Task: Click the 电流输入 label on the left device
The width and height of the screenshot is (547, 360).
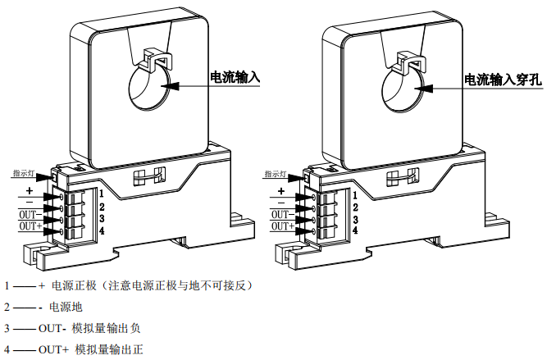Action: pyautogui.click(x=235, y=79)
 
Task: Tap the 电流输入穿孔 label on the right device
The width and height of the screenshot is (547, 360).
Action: pyautogui.click(x=504, y=80)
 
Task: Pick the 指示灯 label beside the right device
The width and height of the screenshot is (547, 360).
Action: pyautogui.click(x=275, y=174)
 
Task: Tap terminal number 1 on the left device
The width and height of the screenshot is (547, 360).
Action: pyautogui.click(x=101, y=194)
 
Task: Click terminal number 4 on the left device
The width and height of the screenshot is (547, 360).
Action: pyautogui.click(x=101, y=231)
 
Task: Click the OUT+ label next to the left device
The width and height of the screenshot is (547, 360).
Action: pyautogui.click(x=30, y=226)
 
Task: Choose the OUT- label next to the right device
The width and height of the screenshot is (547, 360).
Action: pyautogui.click(x=283, y=213)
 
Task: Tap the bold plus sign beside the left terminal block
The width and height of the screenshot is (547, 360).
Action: pyautogui.click(x=29, y=190)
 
